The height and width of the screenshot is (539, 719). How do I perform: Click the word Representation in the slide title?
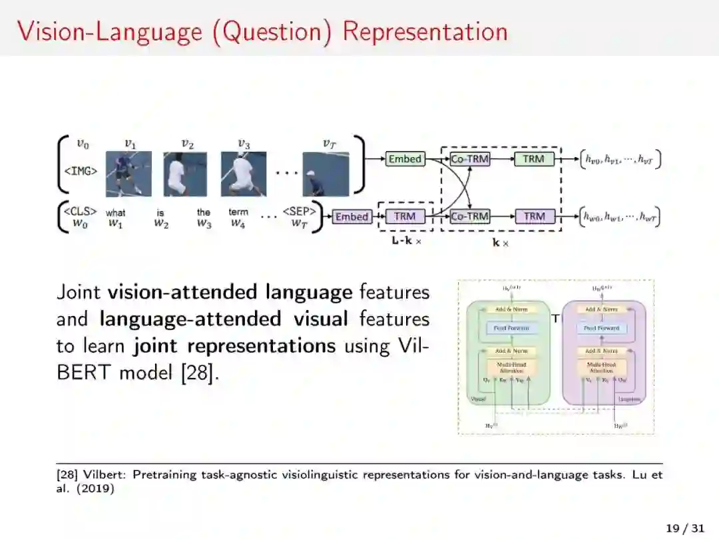(x=425, y=31)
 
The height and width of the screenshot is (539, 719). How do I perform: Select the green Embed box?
(x=405, y=159)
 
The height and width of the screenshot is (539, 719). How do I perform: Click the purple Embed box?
(x=352, y=216)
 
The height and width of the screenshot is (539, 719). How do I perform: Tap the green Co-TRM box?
(x=470, y=159)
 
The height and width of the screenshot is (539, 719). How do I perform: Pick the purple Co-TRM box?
(x=470, y=216)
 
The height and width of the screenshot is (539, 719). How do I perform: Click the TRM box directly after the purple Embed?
(x=404, y=216)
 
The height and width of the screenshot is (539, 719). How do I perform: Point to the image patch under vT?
(x=326, y=174)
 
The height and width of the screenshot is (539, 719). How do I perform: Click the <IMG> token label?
(x=81, y=171)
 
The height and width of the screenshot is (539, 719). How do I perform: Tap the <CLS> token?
(x=81, y=212)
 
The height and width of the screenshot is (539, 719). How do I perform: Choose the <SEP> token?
(x=299, y=212)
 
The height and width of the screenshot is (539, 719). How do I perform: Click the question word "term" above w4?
(x=238, y=212)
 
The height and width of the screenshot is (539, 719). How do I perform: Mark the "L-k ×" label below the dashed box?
(x=406, y=242)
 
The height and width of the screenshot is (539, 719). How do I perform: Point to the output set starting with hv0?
(x=621, y=159)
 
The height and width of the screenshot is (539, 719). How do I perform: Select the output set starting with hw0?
(x=621, y=216)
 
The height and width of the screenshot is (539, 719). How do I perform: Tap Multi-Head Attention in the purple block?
(x=601, y=367)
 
